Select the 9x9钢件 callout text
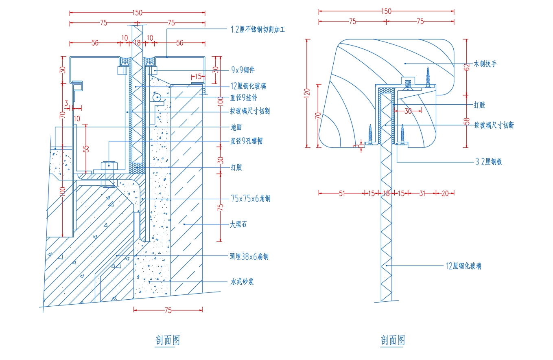243,70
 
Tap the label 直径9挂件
243,98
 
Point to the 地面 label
236,127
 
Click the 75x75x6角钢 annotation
250,199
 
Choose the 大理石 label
238,224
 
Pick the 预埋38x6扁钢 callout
249,257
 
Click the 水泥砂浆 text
242,281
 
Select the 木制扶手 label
485,64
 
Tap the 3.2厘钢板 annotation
489,162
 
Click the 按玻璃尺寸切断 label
494,125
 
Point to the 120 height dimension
308,93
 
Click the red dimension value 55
86,149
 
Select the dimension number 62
467,68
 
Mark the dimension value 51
341,193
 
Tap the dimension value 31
422,193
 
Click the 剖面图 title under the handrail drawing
393,340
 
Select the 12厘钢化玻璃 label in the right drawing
463,266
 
